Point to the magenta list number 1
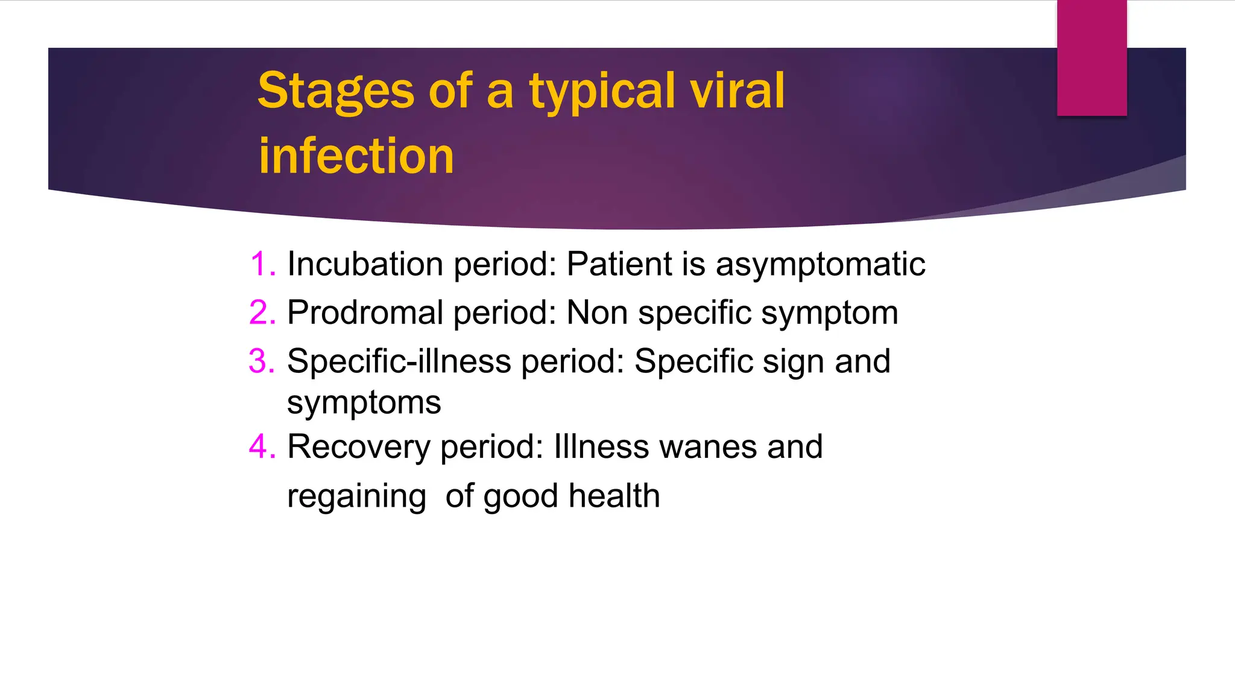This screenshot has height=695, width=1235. click(263, 264)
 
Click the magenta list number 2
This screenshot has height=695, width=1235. click(262, 313)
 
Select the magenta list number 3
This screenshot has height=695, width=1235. click(262, 361)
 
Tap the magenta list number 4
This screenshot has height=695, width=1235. click(262, 447)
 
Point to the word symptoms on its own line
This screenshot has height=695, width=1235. click(364, 403)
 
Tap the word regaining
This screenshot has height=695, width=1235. click(356, 497)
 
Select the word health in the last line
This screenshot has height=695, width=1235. click(614, 495)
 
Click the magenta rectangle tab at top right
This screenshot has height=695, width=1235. click(1091, 57)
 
